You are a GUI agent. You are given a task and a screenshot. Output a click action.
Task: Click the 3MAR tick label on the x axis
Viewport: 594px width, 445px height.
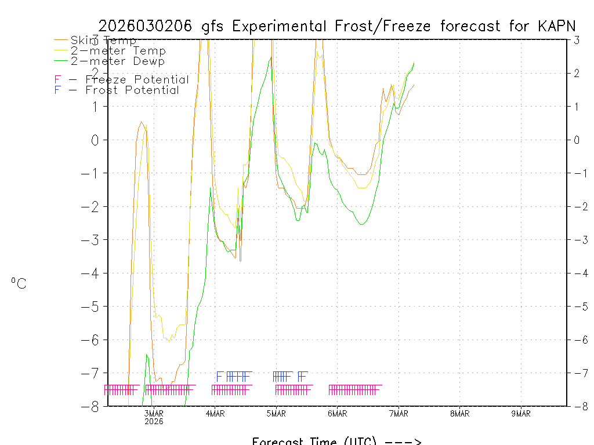[154, 413]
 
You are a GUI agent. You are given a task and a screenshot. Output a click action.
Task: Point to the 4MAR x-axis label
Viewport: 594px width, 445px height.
[215, 413]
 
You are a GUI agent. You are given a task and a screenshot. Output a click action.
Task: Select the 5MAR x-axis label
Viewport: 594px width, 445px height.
[276, 413]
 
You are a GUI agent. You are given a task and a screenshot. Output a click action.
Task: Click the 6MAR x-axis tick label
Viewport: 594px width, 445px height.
[338, 413]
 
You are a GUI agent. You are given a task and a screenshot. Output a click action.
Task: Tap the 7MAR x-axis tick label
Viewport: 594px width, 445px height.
[399, 413]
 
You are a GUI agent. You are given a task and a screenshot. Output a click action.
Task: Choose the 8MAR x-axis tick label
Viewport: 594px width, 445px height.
[459, 413]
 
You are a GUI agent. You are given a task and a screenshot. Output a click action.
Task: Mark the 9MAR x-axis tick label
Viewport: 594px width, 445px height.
[521, 413]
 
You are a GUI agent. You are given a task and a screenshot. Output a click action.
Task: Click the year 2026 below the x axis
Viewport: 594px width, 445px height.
[154, 421]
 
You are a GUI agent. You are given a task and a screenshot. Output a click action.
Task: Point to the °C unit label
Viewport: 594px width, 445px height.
[19, 283]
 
